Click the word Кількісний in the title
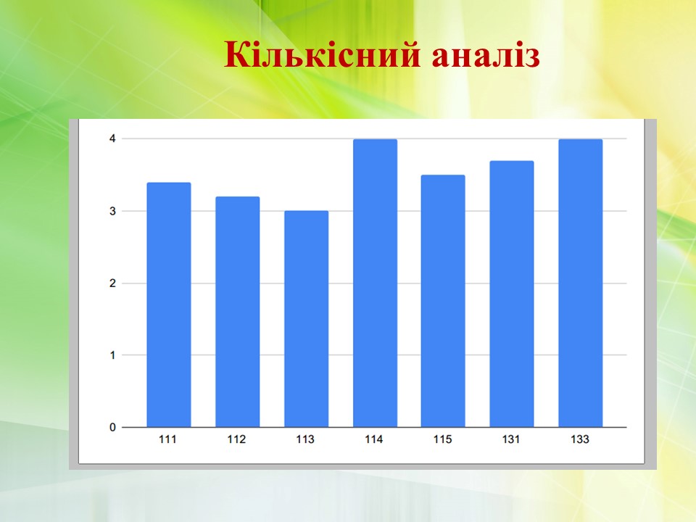tap(322, 55)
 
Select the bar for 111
tap(169, 305)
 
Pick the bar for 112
tap(238, 312)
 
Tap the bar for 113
tap(306, 319)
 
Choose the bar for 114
tap(375, 283)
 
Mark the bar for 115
tap(443, 302)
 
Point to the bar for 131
tap(512, 294)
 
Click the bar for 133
tap(581, 283)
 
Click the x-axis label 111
tap(167, 439)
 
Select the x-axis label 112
tap(236, 439)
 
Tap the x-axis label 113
tap(305, 439)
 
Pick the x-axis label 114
tap(374, 439)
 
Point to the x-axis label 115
tap(442, 439)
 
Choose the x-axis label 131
tap(511, 439)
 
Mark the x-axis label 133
tap(580, 439)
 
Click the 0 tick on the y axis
tap(112, 428)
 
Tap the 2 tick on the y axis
tap(112, 283)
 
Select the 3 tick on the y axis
tap(112, 211)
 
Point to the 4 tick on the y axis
tap(112, 139)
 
